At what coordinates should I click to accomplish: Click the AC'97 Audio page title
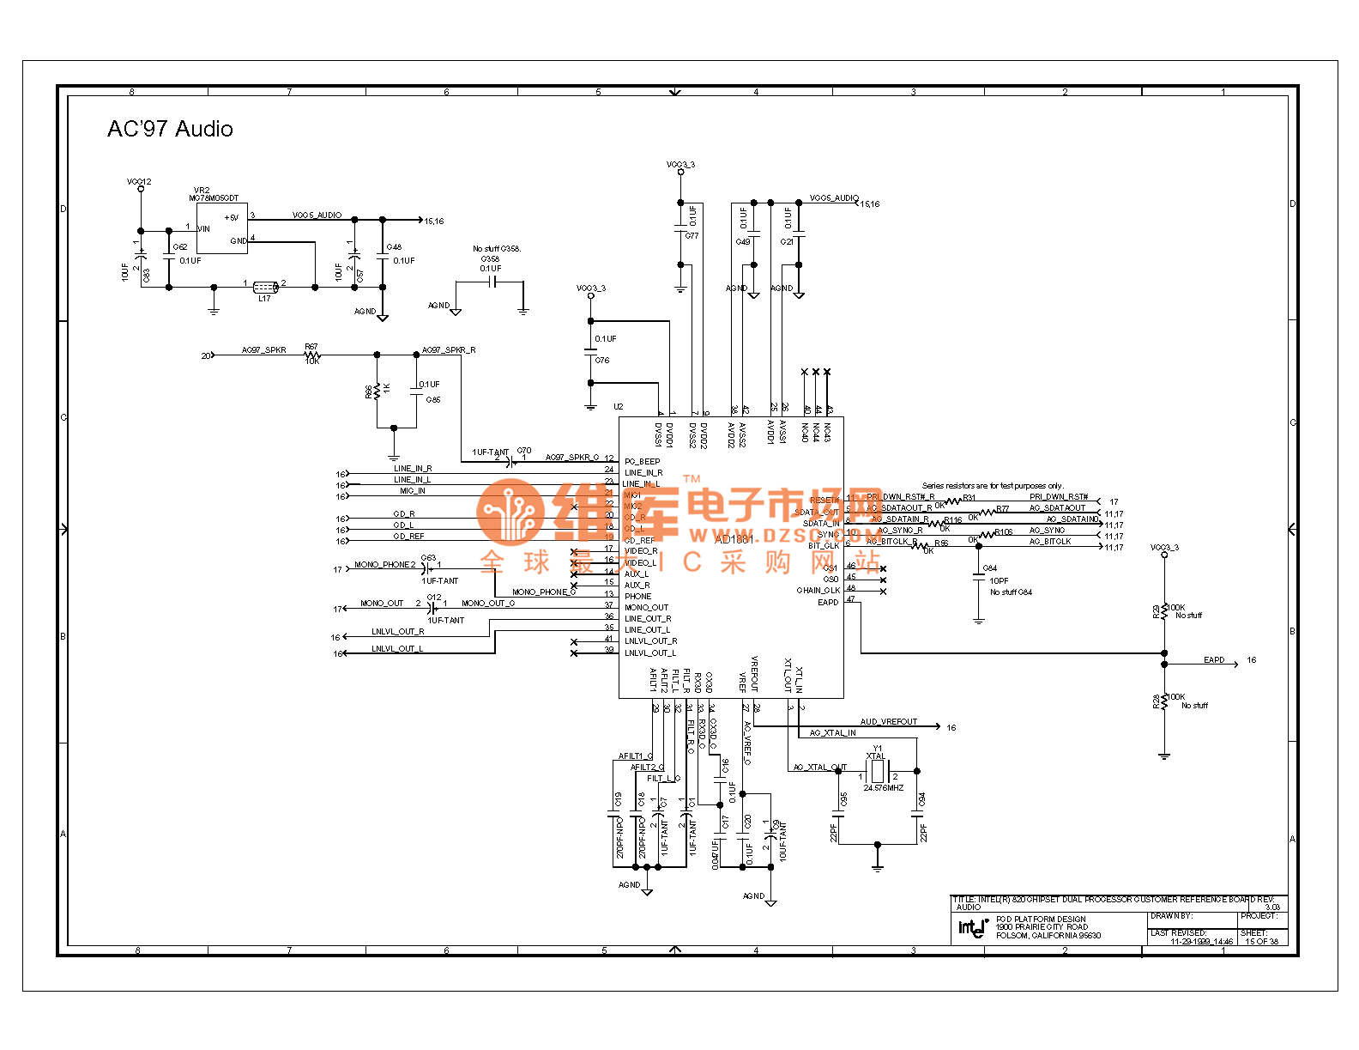tap(170, 129)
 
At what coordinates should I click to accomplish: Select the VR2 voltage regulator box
tap(222, 228)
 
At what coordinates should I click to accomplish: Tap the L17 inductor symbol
tap(264, 286)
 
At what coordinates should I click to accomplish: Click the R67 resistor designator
tap(311, 347)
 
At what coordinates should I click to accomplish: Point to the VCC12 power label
tap(139, 182)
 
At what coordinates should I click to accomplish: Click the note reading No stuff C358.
tap(496, 249)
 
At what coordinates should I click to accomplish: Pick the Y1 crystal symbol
tap(878, 770)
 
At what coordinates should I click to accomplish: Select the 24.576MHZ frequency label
tap(883, 788)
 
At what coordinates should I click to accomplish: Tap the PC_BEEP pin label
tap(642, 462)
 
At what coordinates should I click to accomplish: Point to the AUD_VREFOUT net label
tap(888, 722)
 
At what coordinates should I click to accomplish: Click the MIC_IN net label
tap(412, 491)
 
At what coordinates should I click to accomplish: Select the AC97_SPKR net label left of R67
tap(263, 350)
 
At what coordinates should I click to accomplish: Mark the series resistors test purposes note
tap(992, 486)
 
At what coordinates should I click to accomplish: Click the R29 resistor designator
tap(1156, 610)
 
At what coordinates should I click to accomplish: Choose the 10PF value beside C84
tap(999, 581)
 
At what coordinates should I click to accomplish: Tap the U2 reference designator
tap(619, 407)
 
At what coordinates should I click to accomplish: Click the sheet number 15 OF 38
tap(1261, 941)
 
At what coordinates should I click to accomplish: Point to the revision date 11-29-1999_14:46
tap(1201, 942)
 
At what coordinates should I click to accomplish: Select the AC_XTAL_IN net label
tap(832, 733)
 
